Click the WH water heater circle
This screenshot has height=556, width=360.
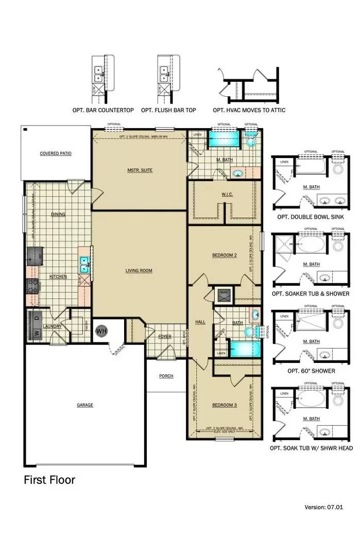101,330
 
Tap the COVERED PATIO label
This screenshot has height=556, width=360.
56,153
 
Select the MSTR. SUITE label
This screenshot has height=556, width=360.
140,170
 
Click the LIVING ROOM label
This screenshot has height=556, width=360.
139,270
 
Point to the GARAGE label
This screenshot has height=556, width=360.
85,405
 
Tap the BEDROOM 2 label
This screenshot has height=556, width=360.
224,255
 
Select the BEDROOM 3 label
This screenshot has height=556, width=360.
224,405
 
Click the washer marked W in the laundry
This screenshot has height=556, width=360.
36,332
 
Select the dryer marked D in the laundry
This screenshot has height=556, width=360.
36,319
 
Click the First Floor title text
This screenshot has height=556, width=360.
49,480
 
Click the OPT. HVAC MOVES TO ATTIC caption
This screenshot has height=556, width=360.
249,110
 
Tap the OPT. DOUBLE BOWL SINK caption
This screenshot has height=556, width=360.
311,217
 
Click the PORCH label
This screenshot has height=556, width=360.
166,376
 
